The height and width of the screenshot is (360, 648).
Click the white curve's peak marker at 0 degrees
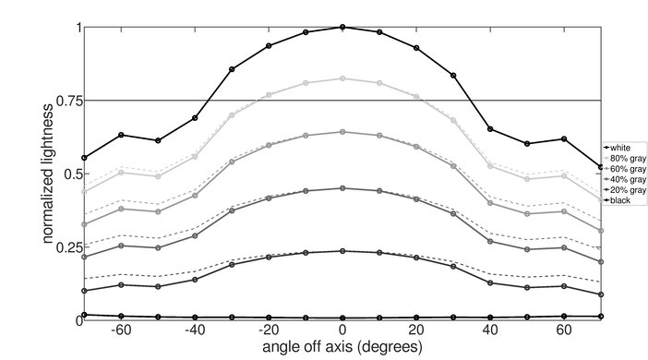342,27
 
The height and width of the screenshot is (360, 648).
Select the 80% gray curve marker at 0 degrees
342,78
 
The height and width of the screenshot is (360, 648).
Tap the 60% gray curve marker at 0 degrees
342,132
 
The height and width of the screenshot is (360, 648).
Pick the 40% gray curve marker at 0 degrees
342,188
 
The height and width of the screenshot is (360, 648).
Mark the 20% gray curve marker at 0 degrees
342,251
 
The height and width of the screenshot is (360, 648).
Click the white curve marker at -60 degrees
121,135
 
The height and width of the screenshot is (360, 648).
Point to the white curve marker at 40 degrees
490,129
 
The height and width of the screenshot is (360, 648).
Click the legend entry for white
619,147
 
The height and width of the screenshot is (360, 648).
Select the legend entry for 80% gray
624,157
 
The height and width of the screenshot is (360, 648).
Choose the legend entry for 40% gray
624,178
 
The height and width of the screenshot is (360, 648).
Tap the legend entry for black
618,199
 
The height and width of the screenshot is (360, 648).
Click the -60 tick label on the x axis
119,330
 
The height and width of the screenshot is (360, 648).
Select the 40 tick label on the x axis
490,330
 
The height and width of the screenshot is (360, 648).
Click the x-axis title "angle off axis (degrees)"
342,348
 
